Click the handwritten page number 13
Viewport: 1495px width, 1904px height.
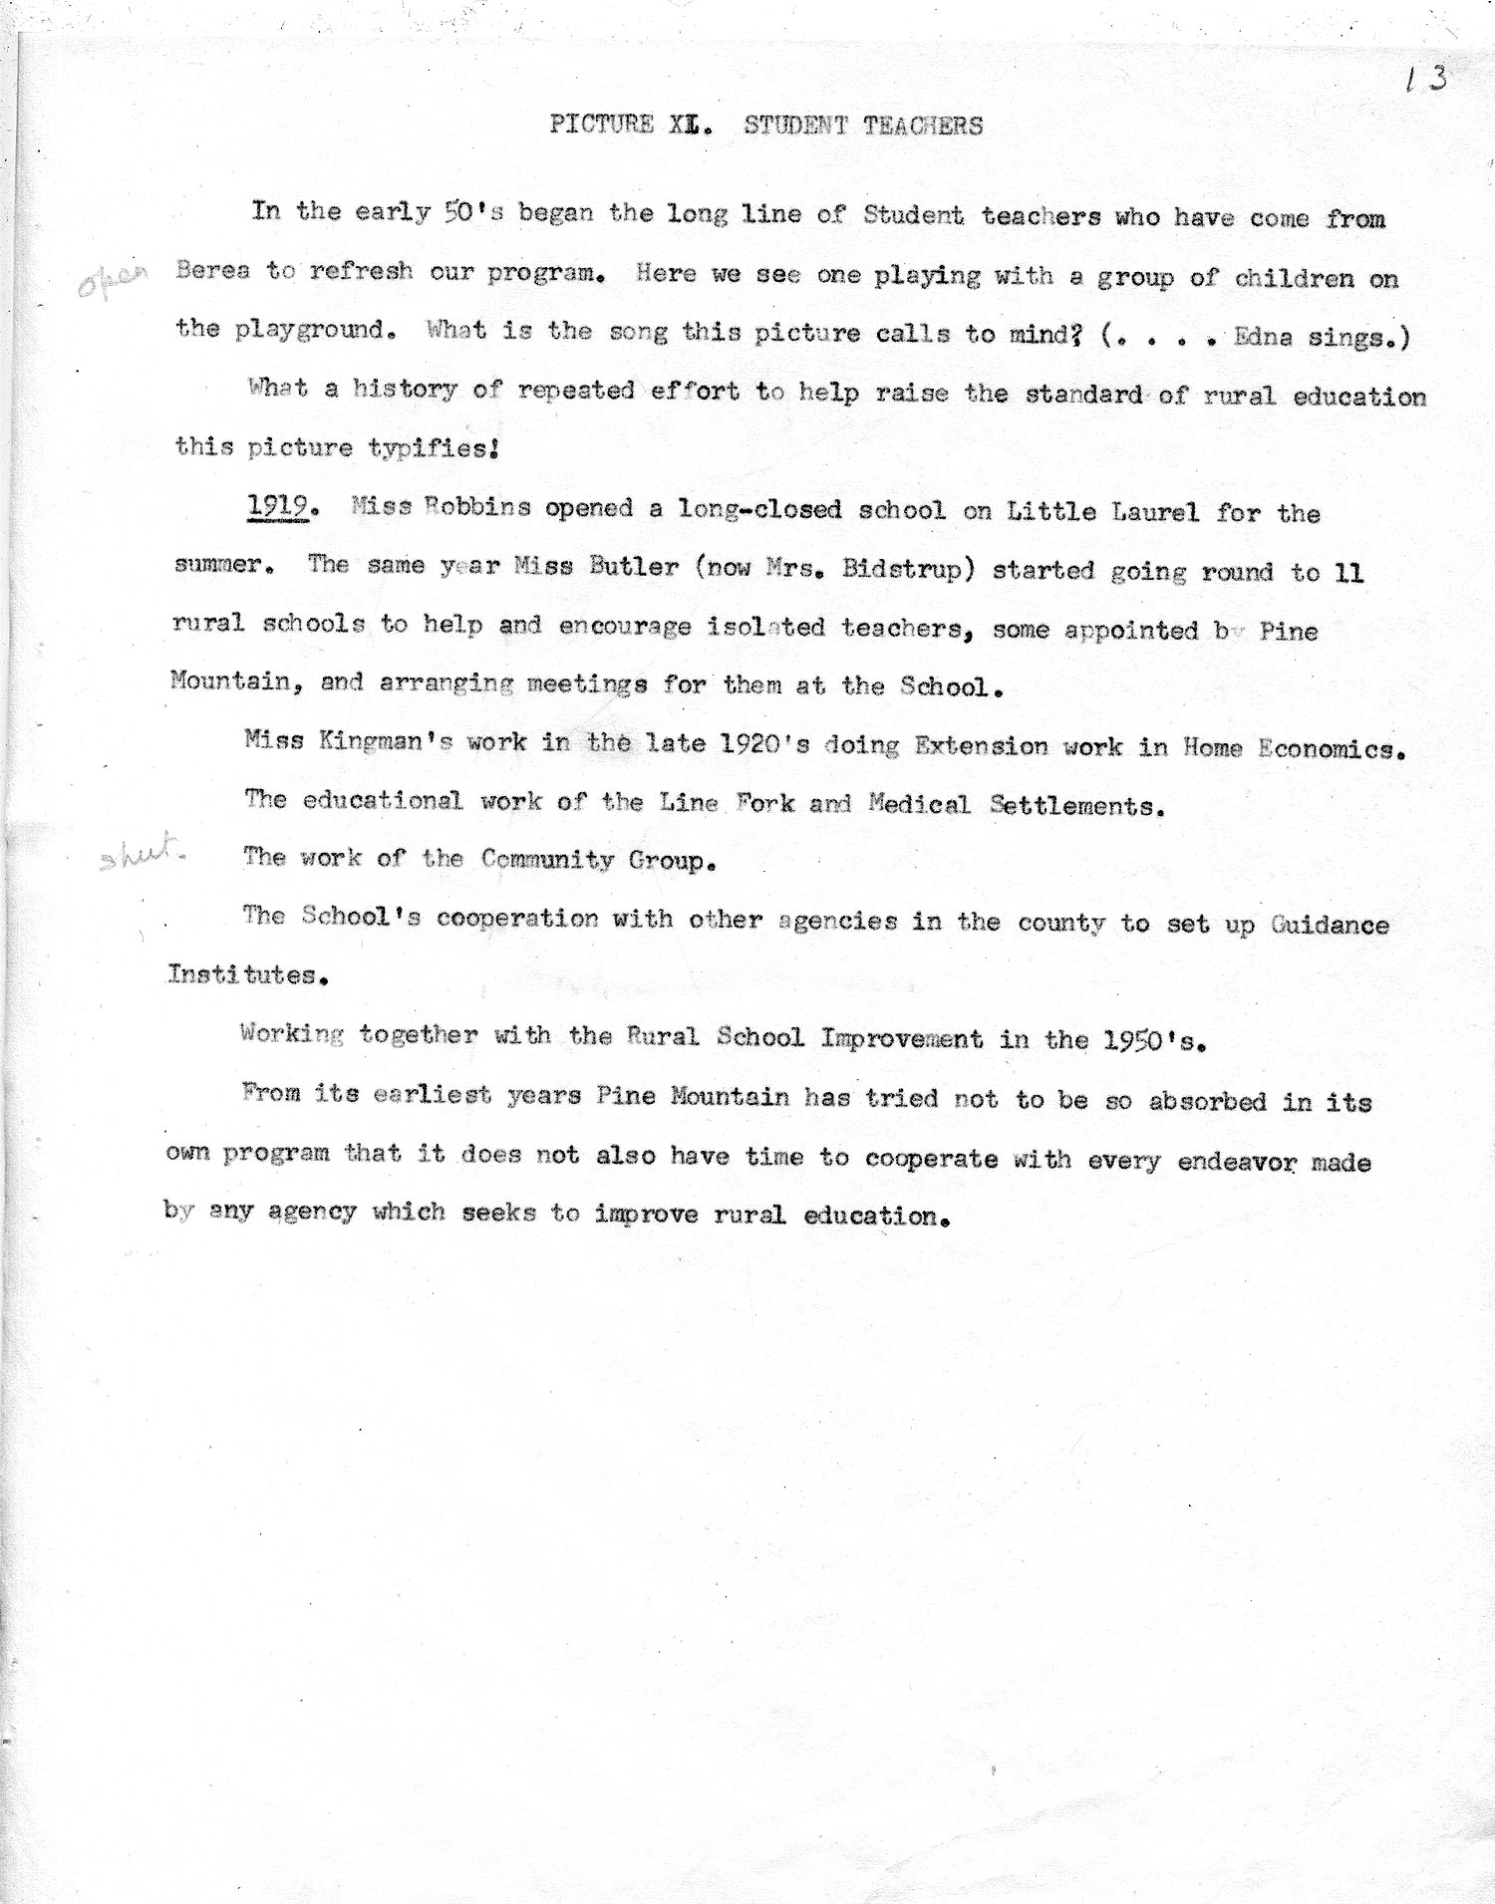click(1426, 79)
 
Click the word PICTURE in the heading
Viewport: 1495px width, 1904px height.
click(601, 125)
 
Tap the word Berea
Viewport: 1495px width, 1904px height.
click(212, 271)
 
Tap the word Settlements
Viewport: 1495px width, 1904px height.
click(1076, 805)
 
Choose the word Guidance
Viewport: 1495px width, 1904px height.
click(1329, 925)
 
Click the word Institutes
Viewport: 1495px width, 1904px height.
click(245, 974)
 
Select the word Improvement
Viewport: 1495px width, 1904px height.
click(901, 1038)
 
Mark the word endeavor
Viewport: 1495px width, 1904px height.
click(1252, 1161)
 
